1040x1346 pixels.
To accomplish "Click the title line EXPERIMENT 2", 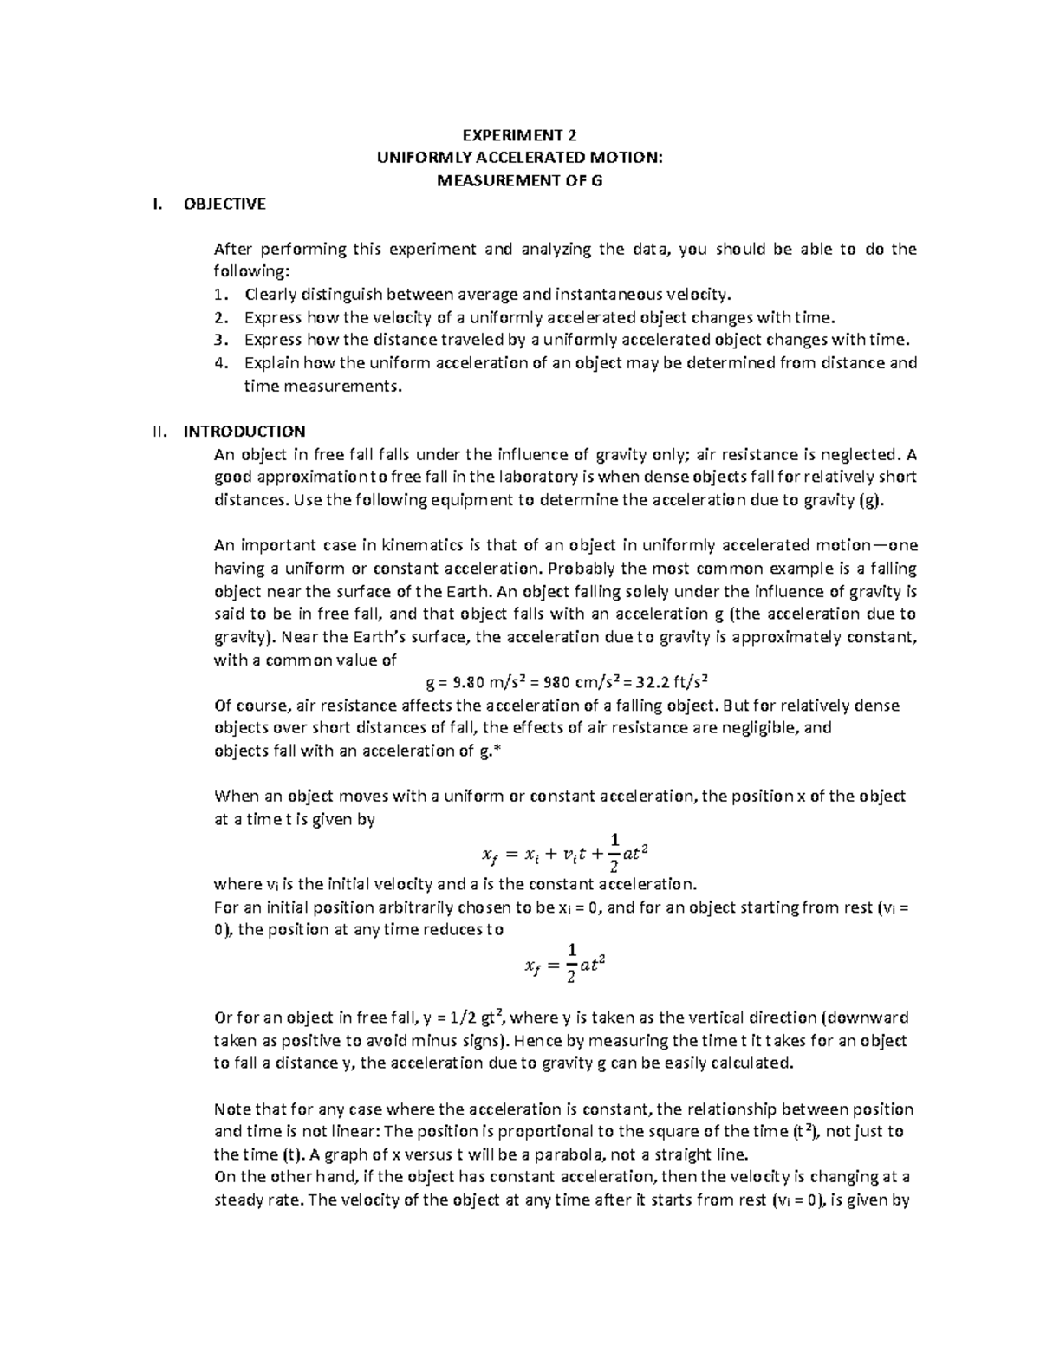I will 519,135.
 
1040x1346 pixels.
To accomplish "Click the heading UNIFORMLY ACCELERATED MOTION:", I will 520,158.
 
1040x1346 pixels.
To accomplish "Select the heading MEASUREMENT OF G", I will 520,181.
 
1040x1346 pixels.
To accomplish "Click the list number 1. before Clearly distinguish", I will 220,295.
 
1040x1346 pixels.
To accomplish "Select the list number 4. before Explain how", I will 220,363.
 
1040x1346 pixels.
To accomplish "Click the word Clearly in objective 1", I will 271,295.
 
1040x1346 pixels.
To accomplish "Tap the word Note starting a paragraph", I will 231,1109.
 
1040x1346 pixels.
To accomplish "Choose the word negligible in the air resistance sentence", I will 752,728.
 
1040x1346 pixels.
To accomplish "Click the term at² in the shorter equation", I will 590,964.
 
